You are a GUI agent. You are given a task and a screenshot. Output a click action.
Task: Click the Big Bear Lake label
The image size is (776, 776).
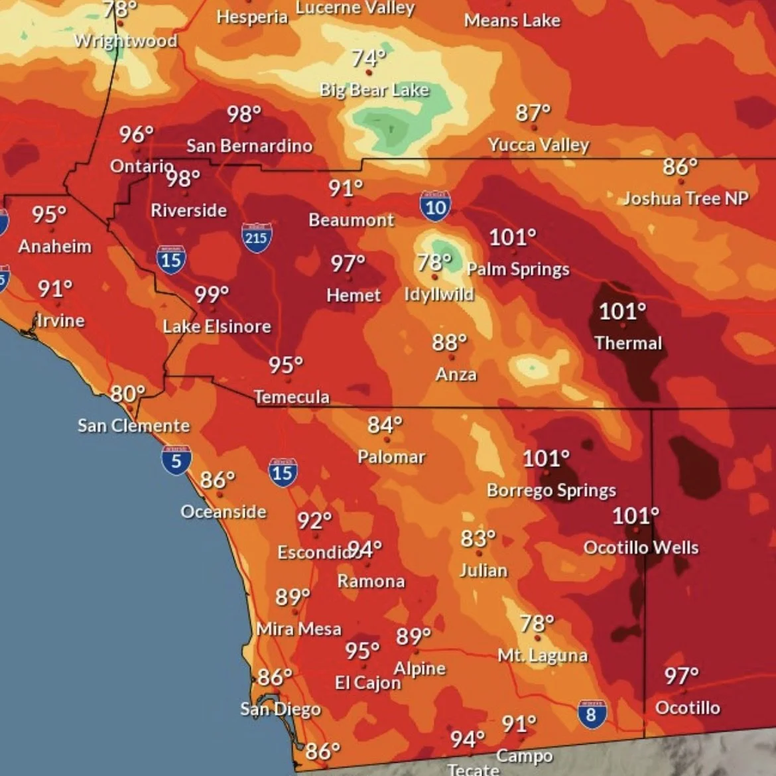[374, 90]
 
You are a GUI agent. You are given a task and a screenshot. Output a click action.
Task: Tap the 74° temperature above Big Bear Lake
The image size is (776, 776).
[368, 58]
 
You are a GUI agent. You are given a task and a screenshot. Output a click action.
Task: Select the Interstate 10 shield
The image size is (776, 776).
[435, 206]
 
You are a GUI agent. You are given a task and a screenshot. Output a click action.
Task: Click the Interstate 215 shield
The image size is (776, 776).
[256, 237]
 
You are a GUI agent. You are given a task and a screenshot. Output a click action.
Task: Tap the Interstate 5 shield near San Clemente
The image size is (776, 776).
[176, 460]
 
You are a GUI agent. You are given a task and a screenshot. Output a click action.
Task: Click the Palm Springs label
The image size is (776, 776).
[518, 269]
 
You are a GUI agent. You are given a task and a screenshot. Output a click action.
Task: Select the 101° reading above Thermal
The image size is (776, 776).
[621, 311]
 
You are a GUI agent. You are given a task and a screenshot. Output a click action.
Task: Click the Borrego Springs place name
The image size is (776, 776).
[551, 490]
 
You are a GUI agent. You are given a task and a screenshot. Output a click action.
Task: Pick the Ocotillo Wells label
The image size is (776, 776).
[641, 547]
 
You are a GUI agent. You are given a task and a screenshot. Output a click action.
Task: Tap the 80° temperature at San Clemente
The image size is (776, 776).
[127, 394]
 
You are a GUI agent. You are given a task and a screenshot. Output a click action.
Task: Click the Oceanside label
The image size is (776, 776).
[224, 511]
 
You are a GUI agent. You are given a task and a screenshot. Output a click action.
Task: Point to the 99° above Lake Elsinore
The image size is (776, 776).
[211, 294]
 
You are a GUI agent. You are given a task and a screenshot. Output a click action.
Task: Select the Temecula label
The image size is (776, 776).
[292, 397]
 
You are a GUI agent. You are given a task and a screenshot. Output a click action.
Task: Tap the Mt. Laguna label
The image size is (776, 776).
[543, 655]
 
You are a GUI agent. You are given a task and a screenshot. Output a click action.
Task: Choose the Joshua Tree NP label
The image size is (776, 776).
[686, 198]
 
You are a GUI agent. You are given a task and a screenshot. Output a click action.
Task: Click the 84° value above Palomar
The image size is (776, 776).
[385, 424]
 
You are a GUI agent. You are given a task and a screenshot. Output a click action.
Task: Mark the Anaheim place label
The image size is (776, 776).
[55, 246]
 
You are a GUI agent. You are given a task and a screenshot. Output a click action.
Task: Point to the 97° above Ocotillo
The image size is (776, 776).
[681, 676]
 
